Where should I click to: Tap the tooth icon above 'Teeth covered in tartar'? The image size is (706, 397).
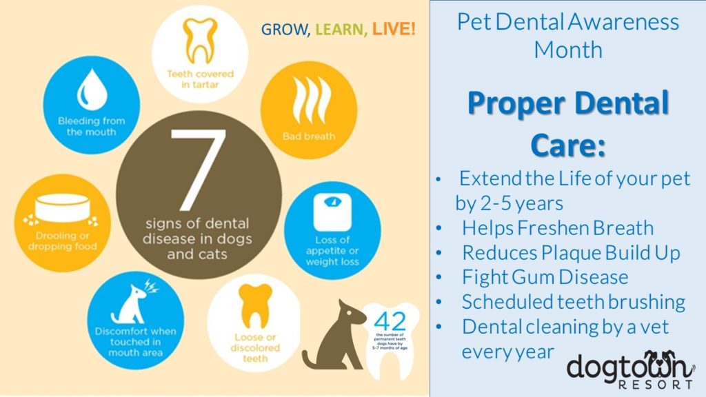(x=200, y=40)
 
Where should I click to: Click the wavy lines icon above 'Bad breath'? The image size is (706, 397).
(x=308, y=101)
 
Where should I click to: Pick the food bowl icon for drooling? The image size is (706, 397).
(x=61, y=210)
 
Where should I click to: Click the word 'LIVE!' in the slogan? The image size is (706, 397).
(x=394, y=30)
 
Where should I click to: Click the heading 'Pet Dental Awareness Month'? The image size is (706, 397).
(x=567, y=34)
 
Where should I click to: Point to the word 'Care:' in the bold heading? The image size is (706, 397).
(x=567, y=146)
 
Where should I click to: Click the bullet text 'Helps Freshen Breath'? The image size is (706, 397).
(x=557, y=227)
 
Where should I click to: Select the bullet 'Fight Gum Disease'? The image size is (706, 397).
(x=545, y=277)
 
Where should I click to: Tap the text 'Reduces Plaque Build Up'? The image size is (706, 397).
(x=571, y=252)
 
